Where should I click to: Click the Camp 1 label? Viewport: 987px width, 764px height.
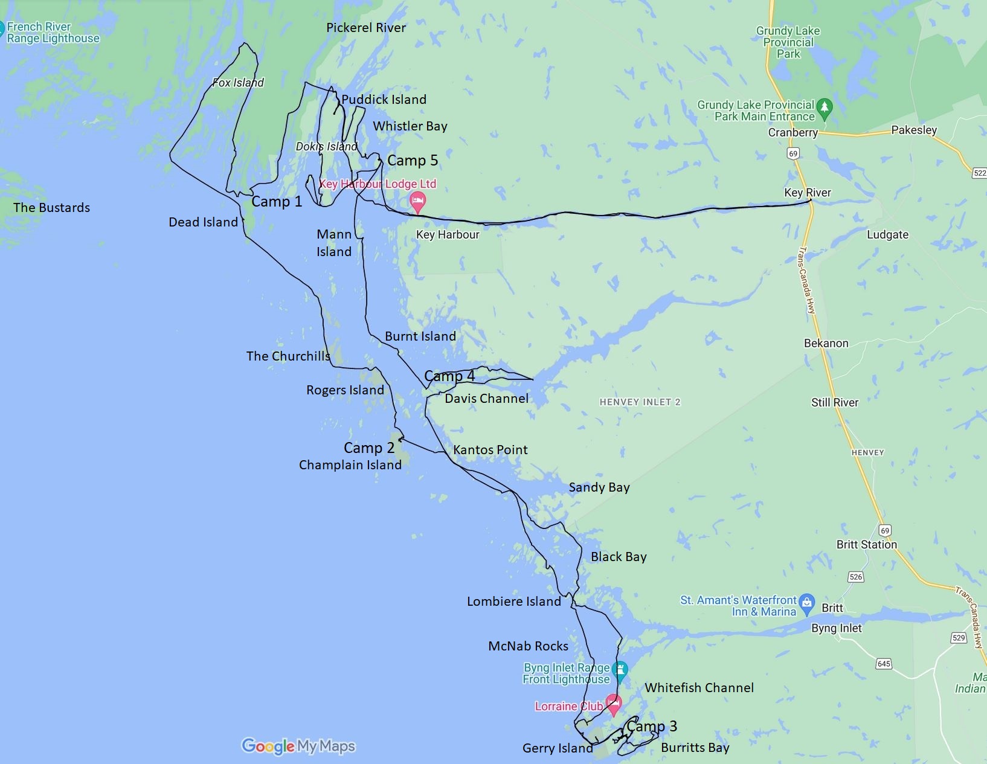[276, 202]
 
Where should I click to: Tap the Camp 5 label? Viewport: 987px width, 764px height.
[413, 161]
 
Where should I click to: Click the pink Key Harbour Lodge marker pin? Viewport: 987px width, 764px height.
[417, 201]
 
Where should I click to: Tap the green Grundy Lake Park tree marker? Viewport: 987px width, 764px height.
[824, 109]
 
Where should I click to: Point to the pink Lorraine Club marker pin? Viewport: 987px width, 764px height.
[614, 704]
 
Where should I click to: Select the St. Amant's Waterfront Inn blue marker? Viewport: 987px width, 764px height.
[806, 603]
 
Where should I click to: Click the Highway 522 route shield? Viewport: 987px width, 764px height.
[979, 173]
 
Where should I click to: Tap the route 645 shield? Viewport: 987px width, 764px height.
[884, 664]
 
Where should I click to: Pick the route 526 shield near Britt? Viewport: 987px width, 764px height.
[855, 577]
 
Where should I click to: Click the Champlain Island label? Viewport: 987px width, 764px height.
[350, 465]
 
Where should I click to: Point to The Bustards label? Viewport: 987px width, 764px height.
[51, 208]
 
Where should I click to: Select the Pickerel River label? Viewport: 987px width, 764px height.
[365, 28]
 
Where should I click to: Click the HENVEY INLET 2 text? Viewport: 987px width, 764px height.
[640, 402]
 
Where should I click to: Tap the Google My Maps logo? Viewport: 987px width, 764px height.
[298, 746]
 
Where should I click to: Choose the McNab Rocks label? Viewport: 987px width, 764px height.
[528, 646]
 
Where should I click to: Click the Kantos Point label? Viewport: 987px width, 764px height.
[490, 450]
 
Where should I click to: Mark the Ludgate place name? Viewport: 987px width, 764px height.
[887, 235]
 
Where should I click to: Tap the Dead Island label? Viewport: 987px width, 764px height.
[203, 222]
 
